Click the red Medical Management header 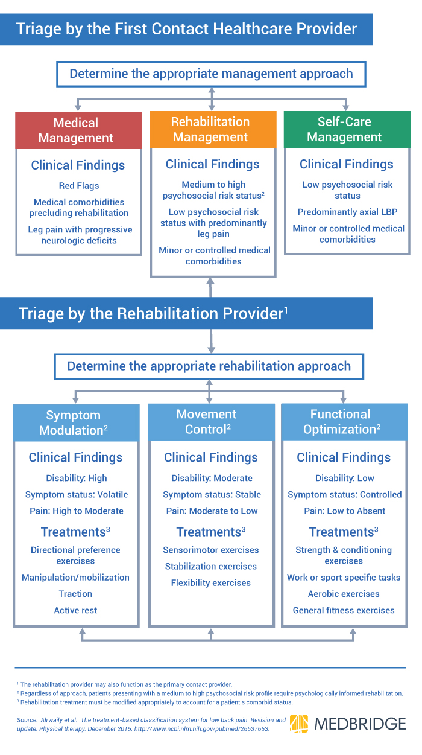tap(76, 130)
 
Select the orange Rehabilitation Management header tap(210, 129)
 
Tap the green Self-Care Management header tap(344, 129)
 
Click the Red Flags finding tap(79, 185)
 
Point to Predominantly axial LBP tap(347, 212)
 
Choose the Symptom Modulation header tap(74, 422)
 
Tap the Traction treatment tap(75, 594)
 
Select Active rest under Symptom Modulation tap(75, 610)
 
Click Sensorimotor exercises tap(210, 550)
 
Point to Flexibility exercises tap(210, 583)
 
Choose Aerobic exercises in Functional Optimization tap(344, 594)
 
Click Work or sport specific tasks tap(344, 578)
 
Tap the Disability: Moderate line tap(212, 478)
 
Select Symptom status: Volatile tap(77, 494)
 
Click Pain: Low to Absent tap(344, 511)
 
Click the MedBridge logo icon tap(300, 724)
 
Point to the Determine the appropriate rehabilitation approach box tap(209, 366)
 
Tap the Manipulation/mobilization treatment tap(75, 578)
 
